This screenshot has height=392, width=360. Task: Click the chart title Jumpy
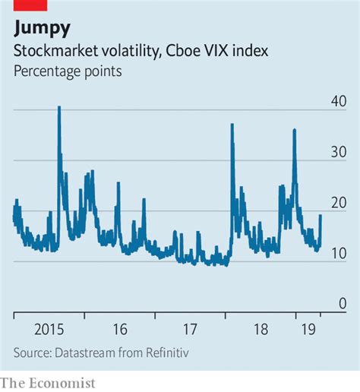43,29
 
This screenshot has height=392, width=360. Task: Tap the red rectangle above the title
30,5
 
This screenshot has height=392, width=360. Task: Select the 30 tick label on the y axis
338,152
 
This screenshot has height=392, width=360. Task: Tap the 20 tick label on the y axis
338,203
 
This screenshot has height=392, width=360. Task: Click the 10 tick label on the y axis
338,253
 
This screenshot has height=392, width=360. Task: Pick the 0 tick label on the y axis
343,303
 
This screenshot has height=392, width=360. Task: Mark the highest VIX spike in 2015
59,108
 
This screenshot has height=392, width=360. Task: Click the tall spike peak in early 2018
232,125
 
